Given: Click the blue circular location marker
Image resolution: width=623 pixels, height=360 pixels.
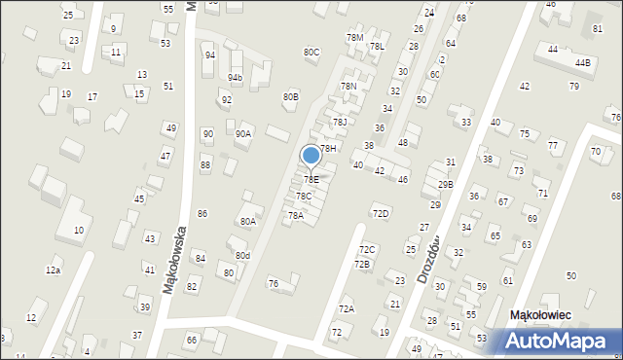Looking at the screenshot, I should click(311, 156).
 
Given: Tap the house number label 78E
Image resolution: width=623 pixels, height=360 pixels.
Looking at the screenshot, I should click(311, 179).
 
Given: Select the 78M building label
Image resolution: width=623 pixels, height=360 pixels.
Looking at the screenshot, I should click(354, 37).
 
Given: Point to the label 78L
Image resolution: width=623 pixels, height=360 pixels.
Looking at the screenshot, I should click(377, 46).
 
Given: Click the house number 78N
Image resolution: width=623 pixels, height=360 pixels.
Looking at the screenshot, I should click(348, 86).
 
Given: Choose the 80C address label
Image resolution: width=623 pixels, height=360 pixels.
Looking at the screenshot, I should click(311, 52).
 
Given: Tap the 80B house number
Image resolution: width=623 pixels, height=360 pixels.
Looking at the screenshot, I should click(291, 96).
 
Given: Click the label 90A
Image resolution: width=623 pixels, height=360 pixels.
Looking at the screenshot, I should click(243, 133).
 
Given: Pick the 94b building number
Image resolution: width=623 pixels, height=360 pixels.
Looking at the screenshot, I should click(236, 77).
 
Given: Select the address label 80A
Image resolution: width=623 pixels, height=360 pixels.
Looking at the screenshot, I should click(248, 221).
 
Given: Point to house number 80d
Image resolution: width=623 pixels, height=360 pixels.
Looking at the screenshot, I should click(242, 256).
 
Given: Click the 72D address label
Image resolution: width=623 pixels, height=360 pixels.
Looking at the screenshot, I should click(381, 213).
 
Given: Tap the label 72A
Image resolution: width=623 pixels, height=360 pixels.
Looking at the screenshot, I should click(347, 308).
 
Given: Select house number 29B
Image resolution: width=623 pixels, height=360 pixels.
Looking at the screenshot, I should click(445, 184).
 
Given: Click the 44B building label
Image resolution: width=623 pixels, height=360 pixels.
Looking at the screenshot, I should click(582, 62).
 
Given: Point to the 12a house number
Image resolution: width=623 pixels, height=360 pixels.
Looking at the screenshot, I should click(53, 270).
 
